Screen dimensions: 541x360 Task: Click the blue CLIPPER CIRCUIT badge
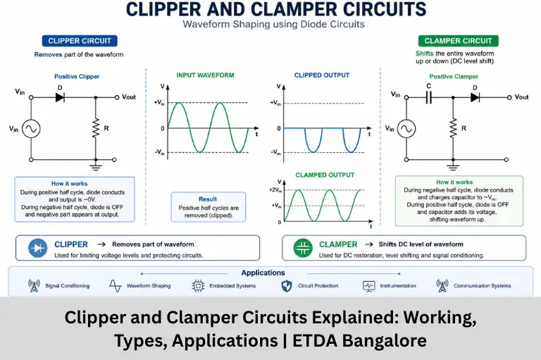click(80, 41)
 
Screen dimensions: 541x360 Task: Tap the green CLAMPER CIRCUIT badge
click(458, 41)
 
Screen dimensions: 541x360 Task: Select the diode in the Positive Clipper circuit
click(60, 97)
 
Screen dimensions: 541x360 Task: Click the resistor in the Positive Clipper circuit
click(96, 128)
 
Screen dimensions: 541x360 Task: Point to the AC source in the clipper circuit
click(31, 129)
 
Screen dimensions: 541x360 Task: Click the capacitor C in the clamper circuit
click(428, 97)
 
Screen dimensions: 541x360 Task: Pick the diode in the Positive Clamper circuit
click(475, 97)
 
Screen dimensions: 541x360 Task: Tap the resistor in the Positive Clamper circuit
click(453, 128)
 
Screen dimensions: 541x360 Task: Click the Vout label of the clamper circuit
click(521, 97)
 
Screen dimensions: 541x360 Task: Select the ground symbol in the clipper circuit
click(96, 167)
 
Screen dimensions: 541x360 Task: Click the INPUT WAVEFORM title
click(205, 75)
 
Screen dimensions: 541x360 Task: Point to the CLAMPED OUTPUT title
click(325, 175)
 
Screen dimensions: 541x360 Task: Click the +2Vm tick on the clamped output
click(275, 190)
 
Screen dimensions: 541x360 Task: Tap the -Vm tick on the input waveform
click(159, 152)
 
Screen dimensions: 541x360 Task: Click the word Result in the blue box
click(208, 199)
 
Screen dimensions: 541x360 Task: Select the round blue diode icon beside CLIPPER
click(37, 248)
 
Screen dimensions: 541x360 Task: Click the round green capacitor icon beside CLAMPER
click(303, 248)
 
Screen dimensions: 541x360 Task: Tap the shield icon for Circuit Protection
click(287, 286)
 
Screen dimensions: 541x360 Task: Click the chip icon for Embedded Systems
click(198, 286)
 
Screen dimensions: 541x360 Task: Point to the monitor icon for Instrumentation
click(369, 286)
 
